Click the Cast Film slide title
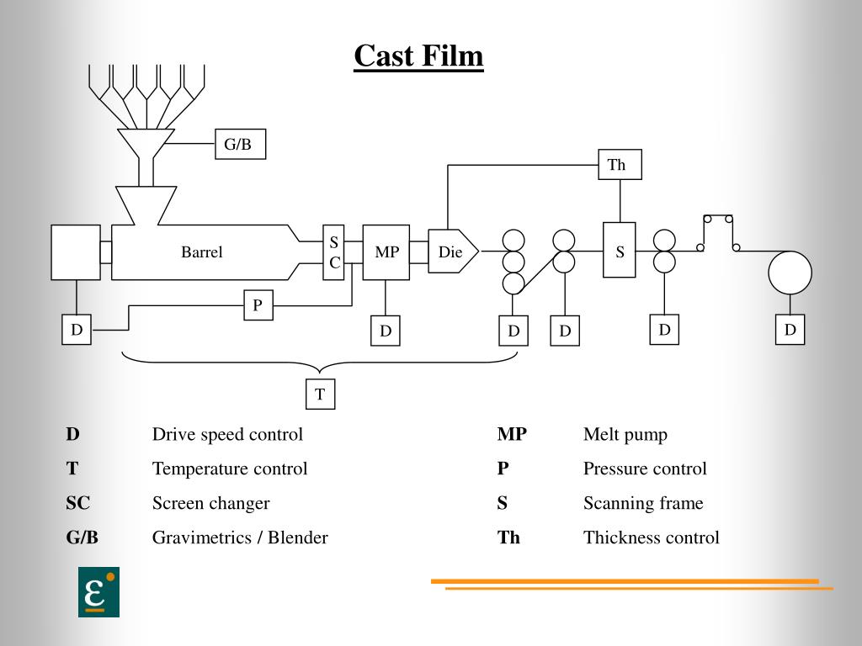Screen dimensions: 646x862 (x=418, y=57)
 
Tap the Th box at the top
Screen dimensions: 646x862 (x=620, y=164)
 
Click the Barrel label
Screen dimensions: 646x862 (x=202, y=252)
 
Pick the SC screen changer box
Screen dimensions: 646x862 (x=334, y=252)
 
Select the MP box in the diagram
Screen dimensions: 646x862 (x=386, y=252)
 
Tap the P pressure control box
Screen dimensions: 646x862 (x=258, y=305)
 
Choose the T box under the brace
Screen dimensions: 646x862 (x=320, y=394)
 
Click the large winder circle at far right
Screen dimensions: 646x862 (x=790, y=273)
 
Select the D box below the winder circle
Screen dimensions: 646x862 (x=790, y=330)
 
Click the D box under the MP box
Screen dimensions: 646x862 (x=386, y=331)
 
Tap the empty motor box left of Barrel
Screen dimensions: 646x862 (x=75, y=252)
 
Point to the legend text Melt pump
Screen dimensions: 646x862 (x=625, y=435)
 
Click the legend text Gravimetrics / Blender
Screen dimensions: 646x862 (x=240, y=537)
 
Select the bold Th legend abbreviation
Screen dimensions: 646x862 (x=508, y=537)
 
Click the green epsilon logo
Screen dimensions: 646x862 (x=98, y=592)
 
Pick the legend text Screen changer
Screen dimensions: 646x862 (x=210, y=503)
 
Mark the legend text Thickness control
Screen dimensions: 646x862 (x=651, y=537)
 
